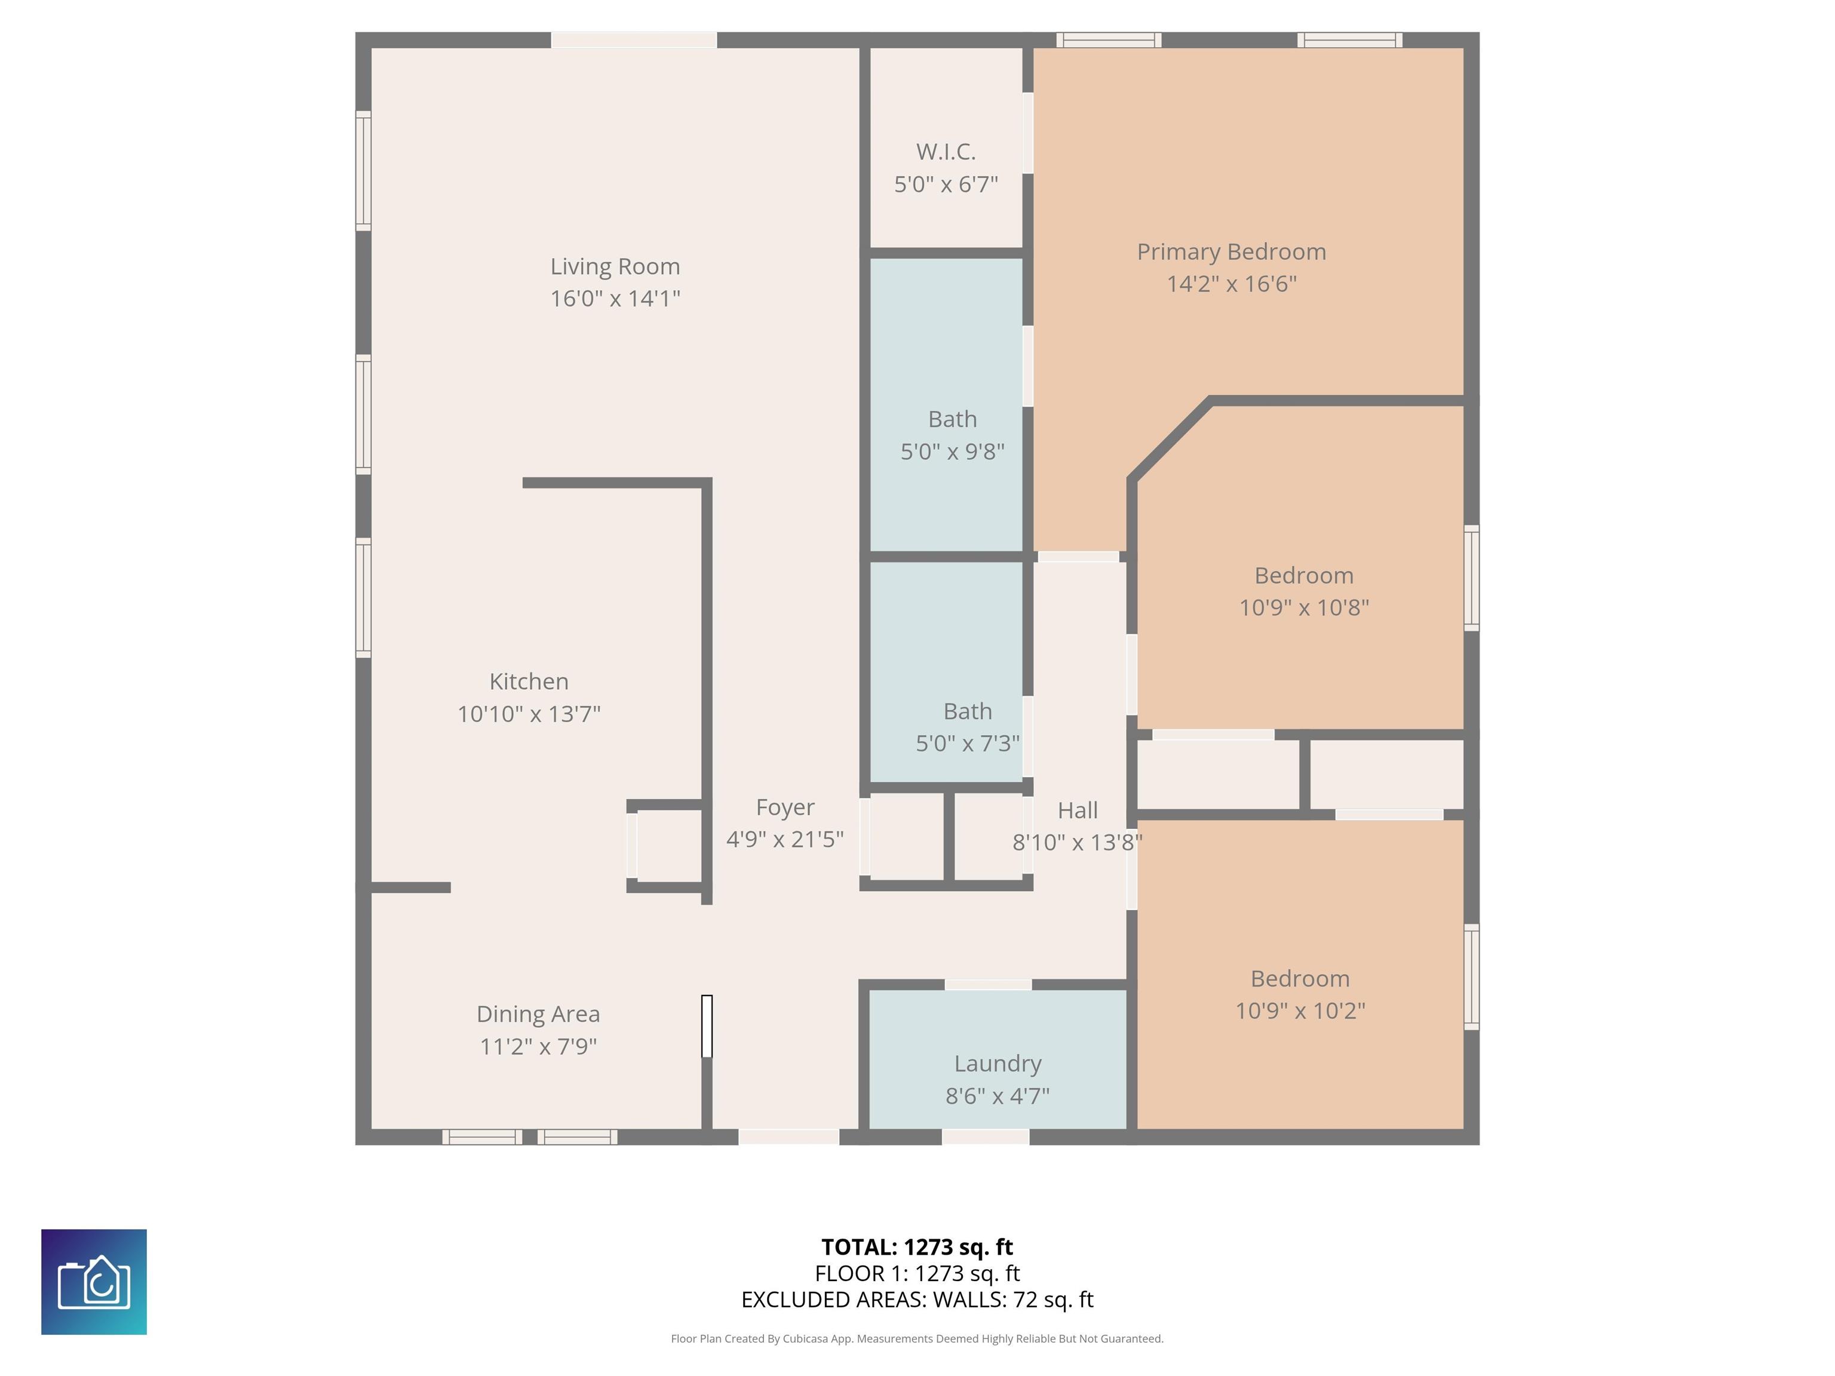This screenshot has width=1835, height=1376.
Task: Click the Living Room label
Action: point(615,266)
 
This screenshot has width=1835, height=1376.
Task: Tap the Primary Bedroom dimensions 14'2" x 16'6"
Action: point(1231,284)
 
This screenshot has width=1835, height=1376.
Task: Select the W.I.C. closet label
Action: point(946,152)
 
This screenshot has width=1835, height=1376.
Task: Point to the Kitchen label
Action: point(529,682)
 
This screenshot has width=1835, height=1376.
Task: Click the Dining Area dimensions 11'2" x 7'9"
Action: point(538,1046)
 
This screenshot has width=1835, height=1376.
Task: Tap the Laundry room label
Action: point(997,1063)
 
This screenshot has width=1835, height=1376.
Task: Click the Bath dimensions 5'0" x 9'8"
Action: point(952,451)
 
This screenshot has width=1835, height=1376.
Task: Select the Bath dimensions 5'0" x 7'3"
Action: point(967,743)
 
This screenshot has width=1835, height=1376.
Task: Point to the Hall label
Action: point(1078,810)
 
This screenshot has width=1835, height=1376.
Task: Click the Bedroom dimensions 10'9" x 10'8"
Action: point(1303,607)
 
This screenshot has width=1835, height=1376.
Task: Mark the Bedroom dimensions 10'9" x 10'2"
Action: point(1300,1010)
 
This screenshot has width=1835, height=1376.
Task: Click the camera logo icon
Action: point(94,1282)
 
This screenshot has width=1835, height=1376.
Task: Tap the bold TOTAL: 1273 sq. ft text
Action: point(917,1246)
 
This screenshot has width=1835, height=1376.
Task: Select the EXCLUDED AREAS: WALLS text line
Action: point(917,1300)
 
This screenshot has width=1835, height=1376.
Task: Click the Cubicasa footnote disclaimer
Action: point(917,1338)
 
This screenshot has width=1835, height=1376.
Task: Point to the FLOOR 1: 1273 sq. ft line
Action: point(917,1273)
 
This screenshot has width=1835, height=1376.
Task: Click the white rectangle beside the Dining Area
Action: point(707,1026)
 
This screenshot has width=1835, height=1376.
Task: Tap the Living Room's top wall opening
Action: point(634,40)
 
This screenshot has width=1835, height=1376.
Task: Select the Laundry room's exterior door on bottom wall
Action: point(986,1137)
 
